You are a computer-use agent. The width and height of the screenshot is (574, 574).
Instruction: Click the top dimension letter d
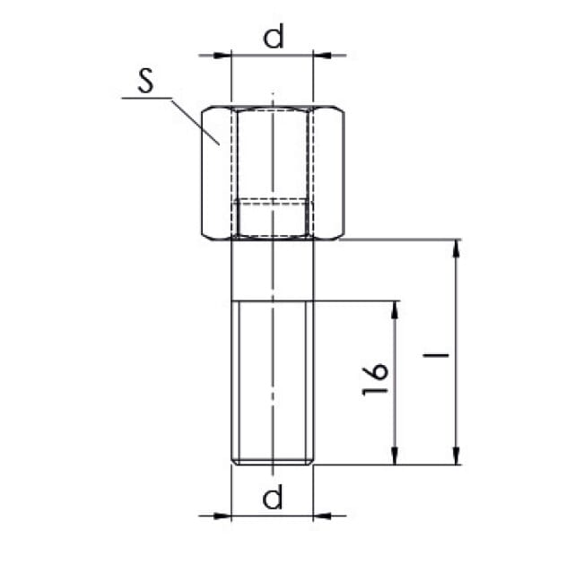[x=273, y=37]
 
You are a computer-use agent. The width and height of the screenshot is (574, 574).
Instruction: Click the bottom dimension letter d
[x=273, y=496]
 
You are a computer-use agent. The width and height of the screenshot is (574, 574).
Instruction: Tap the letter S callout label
[x=145, y=80]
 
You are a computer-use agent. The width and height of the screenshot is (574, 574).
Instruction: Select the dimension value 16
[x=375, y=379]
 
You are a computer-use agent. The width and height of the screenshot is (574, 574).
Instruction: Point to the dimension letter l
[x=436, y=355]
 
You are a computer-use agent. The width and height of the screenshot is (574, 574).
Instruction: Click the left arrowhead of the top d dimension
[x=222, y=56]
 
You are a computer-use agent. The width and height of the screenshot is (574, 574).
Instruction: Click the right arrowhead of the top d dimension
[x=322, y=56]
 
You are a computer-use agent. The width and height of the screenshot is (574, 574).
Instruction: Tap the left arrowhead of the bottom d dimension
[x=222, y=517]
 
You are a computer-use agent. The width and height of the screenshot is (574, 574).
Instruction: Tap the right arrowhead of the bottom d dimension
[x=322, y=517]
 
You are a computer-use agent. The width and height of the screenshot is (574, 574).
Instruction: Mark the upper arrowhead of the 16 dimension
[x=395, y=309]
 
